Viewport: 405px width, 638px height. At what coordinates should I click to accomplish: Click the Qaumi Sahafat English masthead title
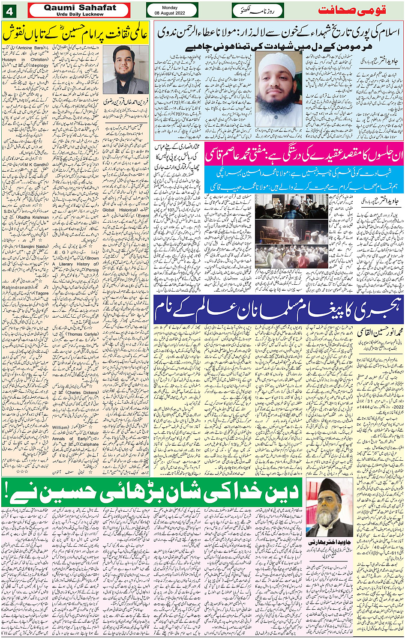(x=80, y=8)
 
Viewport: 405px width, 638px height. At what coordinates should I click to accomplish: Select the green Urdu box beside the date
(x=258, y=10)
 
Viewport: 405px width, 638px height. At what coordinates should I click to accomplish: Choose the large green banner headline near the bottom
(x=152, y=493)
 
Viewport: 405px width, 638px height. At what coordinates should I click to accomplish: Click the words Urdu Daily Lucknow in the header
(x=80, y=14)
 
